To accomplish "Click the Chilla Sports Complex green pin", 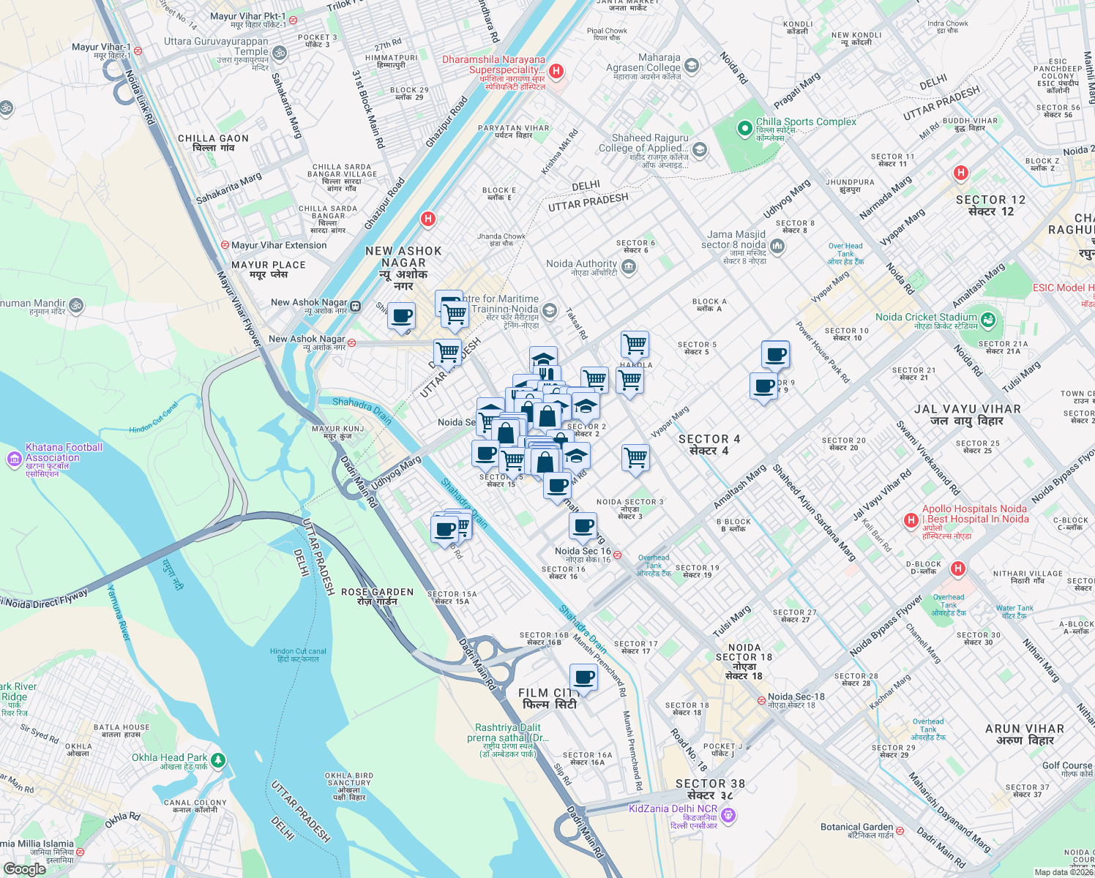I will [x=744, y=129].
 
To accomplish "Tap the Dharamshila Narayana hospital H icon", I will [x=556, y=71].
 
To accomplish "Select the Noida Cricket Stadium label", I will [x=926, y=317].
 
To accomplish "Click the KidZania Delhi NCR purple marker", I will [x=728, y=814].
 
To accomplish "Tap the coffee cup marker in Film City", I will [x=583, y=678].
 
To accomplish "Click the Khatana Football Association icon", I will [x=14, y=459].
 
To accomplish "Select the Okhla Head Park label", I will [x=169, y=757].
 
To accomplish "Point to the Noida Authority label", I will [x=581, y=263].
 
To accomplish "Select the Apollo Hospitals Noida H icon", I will [x=911, y=520].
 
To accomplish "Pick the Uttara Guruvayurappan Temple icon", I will [x=279, y=53].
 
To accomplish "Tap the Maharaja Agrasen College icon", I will [x=692, y=66].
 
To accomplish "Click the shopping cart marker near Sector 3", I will [x=635, y=458].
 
